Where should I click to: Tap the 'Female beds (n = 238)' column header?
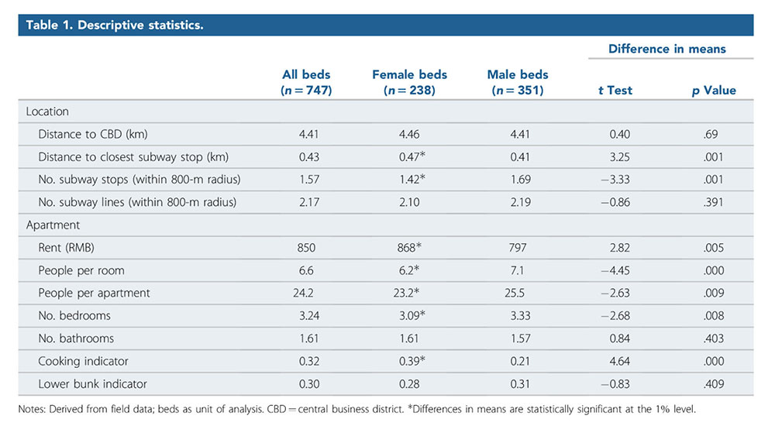[409, 83]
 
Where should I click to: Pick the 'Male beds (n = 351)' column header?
[517, 83]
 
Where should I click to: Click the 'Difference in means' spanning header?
[666, 49]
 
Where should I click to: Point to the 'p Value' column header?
[714, 91]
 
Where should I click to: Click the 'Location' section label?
[47, 112]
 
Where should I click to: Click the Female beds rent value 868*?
[411, 248]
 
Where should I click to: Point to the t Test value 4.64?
[619, 361]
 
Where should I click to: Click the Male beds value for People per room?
[518, 270]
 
